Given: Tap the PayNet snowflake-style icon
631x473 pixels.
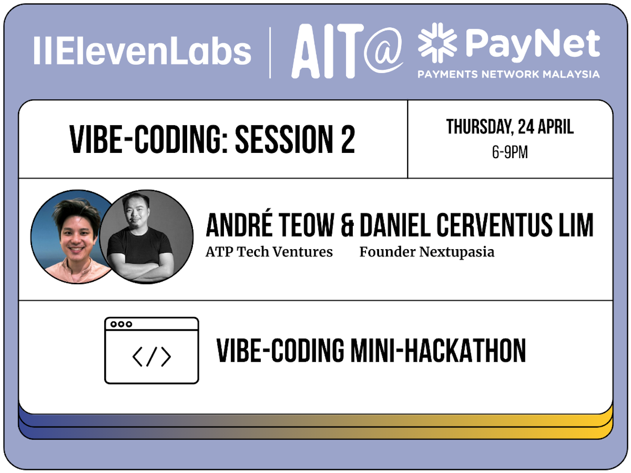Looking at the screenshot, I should (437, 43).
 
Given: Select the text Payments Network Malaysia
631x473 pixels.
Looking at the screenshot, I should (508, 74).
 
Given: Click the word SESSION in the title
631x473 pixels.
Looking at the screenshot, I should (284, 140).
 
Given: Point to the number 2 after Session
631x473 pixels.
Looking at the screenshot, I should (348, 140).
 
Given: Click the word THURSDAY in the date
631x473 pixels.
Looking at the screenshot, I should (479, 127).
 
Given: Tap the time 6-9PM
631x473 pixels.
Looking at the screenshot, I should (510, 152).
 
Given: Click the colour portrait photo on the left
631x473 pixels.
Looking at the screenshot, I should (70, 236).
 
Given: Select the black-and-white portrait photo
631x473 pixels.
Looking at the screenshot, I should (147, 236).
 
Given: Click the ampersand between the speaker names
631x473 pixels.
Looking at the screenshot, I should (347, 226).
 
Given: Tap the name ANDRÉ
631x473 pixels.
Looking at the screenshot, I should (239, 226).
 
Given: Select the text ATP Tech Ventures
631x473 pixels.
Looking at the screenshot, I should (269, 252).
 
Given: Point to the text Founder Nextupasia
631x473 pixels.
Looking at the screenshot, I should (427, 252).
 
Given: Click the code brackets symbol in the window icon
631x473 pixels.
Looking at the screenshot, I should (152, 357).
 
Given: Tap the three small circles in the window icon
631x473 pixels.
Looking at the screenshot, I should (121, 324).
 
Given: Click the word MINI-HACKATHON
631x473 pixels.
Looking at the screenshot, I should (438, 351).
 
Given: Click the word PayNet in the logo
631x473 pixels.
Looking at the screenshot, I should (532, 44).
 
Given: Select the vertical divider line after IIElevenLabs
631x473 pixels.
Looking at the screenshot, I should (270, 53).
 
